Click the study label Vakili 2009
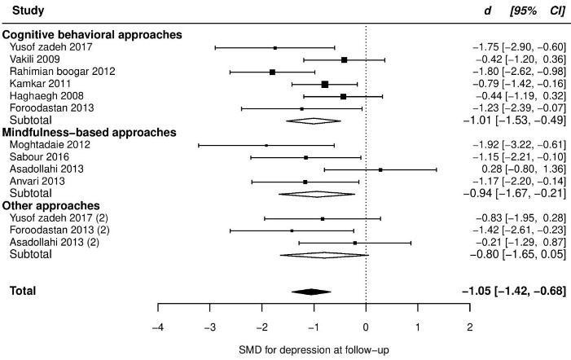(33, 59)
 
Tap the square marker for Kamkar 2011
(325, 84)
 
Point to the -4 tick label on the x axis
(157, 326)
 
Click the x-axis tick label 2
(470, 326)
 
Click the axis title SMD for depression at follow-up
(313, 350)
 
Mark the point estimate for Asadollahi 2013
(380, 169)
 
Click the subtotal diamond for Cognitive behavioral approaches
(314, 121)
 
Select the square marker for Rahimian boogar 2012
(272, 72)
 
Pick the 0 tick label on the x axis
(366, 326)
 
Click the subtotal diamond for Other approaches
(324, 255)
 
